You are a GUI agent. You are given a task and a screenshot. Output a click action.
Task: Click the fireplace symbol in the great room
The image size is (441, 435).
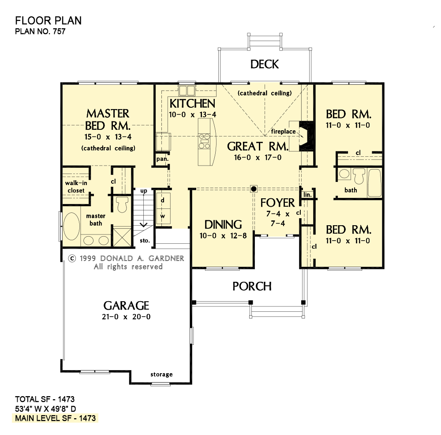coord(306,136)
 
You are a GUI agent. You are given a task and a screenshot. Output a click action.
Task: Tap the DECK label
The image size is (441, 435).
coord(265,64)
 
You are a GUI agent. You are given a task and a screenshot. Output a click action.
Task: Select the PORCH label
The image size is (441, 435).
coord(252,286)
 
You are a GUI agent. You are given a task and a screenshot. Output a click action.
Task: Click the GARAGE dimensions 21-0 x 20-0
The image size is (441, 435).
coord(126,317)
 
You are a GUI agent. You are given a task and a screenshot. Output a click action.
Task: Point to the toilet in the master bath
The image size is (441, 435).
coord(121,205)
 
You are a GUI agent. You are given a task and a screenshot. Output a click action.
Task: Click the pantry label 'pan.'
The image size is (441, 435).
coord(161,159)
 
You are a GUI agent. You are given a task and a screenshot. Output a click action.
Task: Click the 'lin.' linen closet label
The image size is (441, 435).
coord(307,194)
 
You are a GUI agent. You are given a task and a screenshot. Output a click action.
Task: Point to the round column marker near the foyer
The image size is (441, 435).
coord(254,189)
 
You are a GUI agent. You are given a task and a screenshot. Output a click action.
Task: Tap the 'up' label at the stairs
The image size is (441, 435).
coord(143,191)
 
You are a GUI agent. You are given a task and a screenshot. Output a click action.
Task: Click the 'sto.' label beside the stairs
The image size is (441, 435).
coord(145,241)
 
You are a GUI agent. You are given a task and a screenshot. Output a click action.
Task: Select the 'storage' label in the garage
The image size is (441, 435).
coord(161,374)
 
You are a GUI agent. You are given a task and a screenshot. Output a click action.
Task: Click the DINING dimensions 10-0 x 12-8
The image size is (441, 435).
coord(223,235)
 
